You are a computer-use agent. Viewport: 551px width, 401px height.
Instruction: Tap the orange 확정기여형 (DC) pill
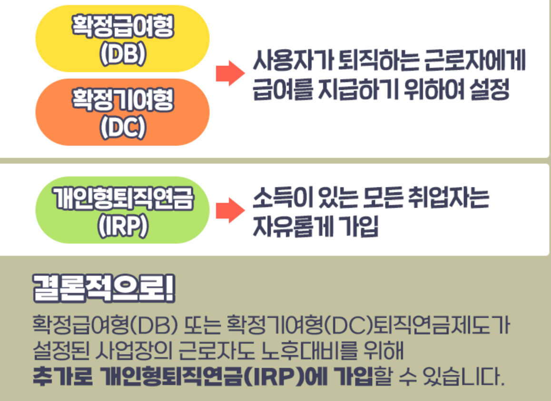point(122,112)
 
